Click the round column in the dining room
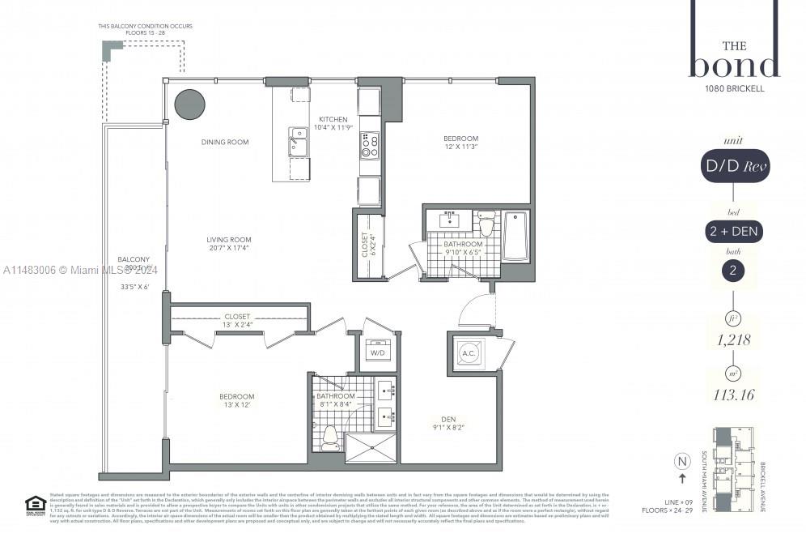pos(190,105)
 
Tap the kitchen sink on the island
pos(298,143)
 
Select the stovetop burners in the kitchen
pos(370,145)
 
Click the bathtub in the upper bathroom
pos(515,236)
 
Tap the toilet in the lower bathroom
pos(329,438)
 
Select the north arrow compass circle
pos(681,462)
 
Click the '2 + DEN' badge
pos(733,231)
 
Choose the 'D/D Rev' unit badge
pos(734,167)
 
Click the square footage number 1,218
pos(734,340)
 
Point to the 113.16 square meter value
pos(734,397)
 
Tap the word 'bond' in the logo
pos(734,65)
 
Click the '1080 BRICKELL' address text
pos(734,89)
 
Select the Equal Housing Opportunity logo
pos(34,504)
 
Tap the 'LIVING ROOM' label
pos(229,240)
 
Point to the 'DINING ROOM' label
pos(225,143)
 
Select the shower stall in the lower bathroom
pos(370,447)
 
